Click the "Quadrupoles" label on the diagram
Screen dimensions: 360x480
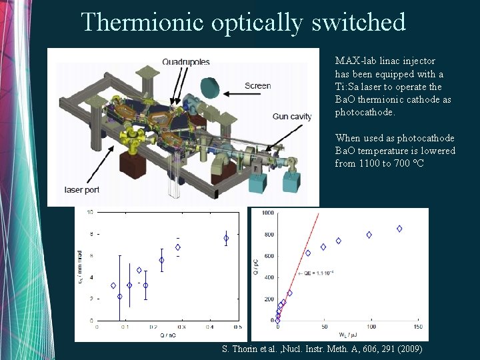[185, 62]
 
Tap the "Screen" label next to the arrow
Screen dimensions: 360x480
[257, 85]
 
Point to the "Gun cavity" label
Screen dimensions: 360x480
[292, 117]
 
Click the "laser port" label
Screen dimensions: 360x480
[82, 190]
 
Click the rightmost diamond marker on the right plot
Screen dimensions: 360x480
[399, 229]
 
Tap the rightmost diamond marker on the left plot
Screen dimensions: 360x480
[226, 238]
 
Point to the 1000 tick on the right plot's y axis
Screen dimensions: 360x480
[267, 213]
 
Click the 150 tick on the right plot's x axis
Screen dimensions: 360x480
[417, 327]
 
